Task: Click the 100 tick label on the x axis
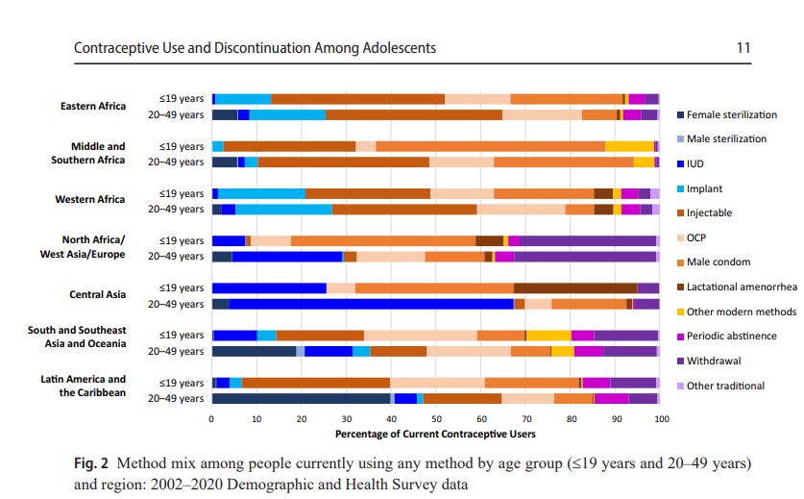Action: point(661,420)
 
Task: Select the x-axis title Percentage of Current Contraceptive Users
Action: point(436,434)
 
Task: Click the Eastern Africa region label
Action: point(92,106)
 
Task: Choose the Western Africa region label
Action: point(91,200)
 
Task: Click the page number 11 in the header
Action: point(743,47)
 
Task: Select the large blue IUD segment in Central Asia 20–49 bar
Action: point(371,304)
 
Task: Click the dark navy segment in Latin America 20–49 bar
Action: point(301,398)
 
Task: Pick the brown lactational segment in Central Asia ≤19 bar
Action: point(575,287)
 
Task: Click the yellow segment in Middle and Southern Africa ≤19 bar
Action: point(629,146)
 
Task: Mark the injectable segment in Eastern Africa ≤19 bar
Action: point(357,99)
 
